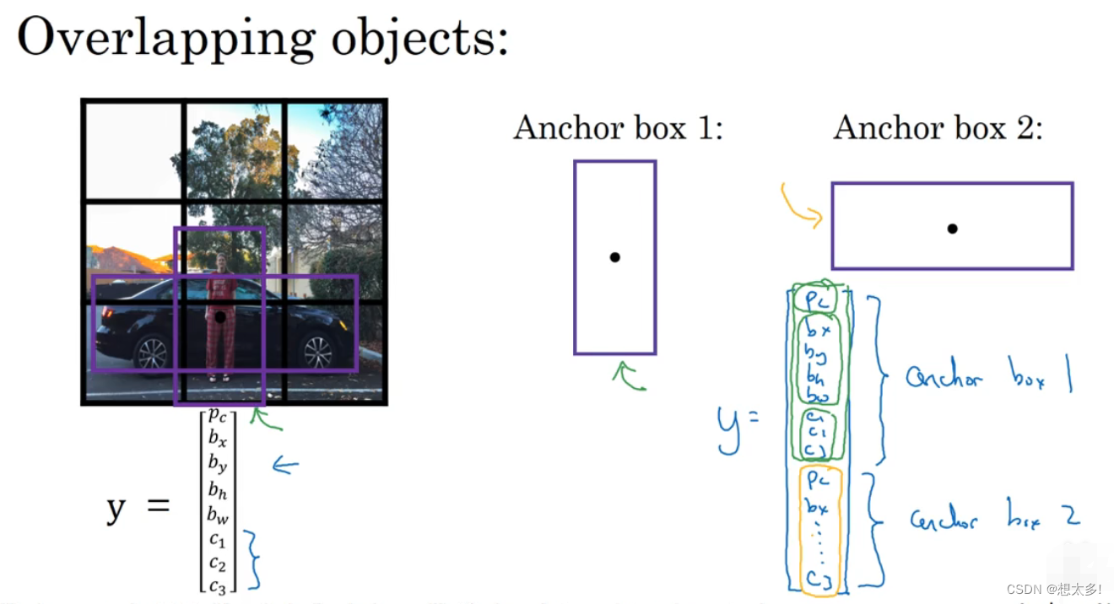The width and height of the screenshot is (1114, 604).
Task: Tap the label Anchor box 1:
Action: click(619, 127)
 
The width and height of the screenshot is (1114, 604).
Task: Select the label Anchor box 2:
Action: click(938, 127)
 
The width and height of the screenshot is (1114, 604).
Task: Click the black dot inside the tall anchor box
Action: click(615, 257)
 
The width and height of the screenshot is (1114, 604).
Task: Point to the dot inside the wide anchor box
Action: click(952, 228)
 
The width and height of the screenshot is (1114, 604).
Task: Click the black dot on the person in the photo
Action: click(220, 316)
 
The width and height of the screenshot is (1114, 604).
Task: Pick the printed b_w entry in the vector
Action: click(218, 513)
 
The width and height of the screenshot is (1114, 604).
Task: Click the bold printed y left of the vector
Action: click(116, 509)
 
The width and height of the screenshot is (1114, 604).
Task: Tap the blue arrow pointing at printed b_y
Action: click(284, 465)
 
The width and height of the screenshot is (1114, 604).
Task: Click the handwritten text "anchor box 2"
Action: click(994, 517)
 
